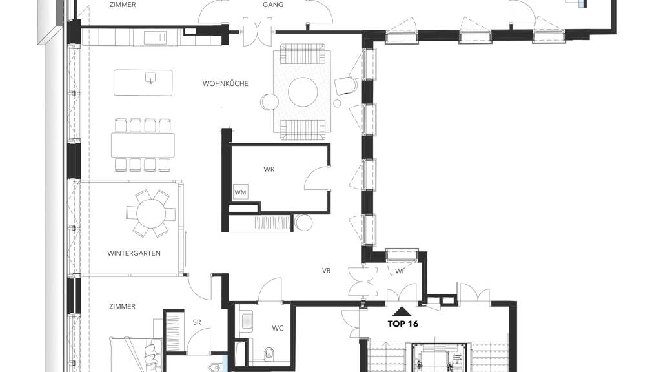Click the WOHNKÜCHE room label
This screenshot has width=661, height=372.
[x=225, y=83]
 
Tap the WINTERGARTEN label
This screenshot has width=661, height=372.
[x=134, y=253]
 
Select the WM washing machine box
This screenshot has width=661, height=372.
[x=240, y=192]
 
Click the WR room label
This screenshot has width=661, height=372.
[x=269, y=169]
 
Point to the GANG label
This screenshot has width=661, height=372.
[x=273, y=5]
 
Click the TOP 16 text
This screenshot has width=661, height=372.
[x=403, y=324]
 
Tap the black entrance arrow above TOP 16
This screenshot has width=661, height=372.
[x=402, y=312]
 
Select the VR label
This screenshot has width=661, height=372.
[x=326, y=271]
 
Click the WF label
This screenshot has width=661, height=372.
[x=400, y=271]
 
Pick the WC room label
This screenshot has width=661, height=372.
[x=278, y=328]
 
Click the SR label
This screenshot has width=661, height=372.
[x=196, y=322]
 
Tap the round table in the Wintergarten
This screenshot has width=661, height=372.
[x=151, y=213]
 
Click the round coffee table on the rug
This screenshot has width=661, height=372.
[x=303, y=92]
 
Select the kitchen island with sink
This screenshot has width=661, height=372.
[x=143, y=83]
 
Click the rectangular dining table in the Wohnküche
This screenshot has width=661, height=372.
[x=143, y=145]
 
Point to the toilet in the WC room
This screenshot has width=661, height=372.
[x=269, y=354]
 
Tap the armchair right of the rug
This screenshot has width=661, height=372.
[x=346, y=86]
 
